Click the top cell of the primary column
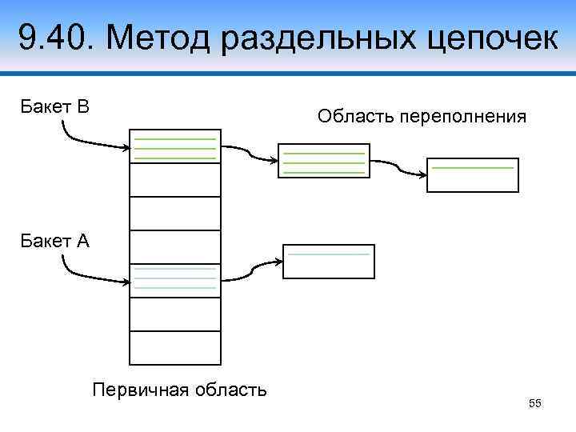(174, 146)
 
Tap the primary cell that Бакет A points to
(174, 280)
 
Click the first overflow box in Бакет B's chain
(323, 160)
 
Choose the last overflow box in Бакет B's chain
(472, 175)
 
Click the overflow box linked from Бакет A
(329, 262)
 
